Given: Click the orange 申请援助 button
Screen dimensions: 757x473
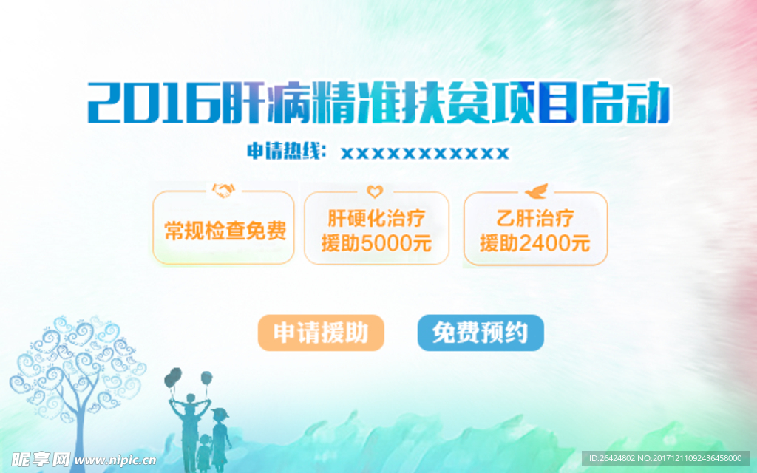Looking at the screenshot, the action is (x=321, y=333).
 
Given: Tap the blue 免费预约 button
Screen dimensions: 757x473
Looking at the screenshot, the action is (x=481, y=333).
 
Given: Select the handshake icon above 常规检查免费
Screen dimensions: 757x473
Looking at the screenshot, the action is (x=223, y=190).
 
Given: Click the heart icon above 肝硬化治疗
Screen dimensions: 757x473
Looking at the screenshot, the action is (x=375, y=191).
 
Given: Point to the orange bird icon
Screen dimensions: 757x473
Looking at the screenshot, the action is (x=536, y=191).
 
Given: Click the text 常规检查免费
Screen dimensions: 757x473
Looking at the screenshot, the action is (x=225, y=231).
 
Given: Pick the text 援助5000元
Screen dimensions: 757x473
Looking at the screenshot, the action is (x=376, y=243).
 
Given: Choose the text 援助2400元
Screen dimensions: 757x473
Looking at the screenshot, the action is (x=535, y=243).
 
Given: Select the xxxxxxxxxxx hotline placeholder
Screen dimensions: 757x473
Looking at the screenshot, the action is (x=425, y=154).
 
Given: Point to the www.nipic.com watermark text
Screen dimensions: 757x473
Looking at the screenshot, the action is (x=115, y=460).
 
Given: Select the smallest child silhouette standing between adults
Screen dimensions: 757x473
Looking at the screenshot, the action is (x=205, y=453).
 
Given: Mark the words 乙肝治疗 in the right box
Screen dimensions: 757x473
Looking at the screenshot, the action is (x=535, y=218).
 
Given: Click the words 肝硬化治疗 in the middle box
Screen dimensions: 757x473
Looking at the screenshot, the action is (x=376, y=218).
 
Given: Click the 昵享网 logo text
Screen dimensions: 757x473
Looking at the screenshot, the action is (x=40, y=460).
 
